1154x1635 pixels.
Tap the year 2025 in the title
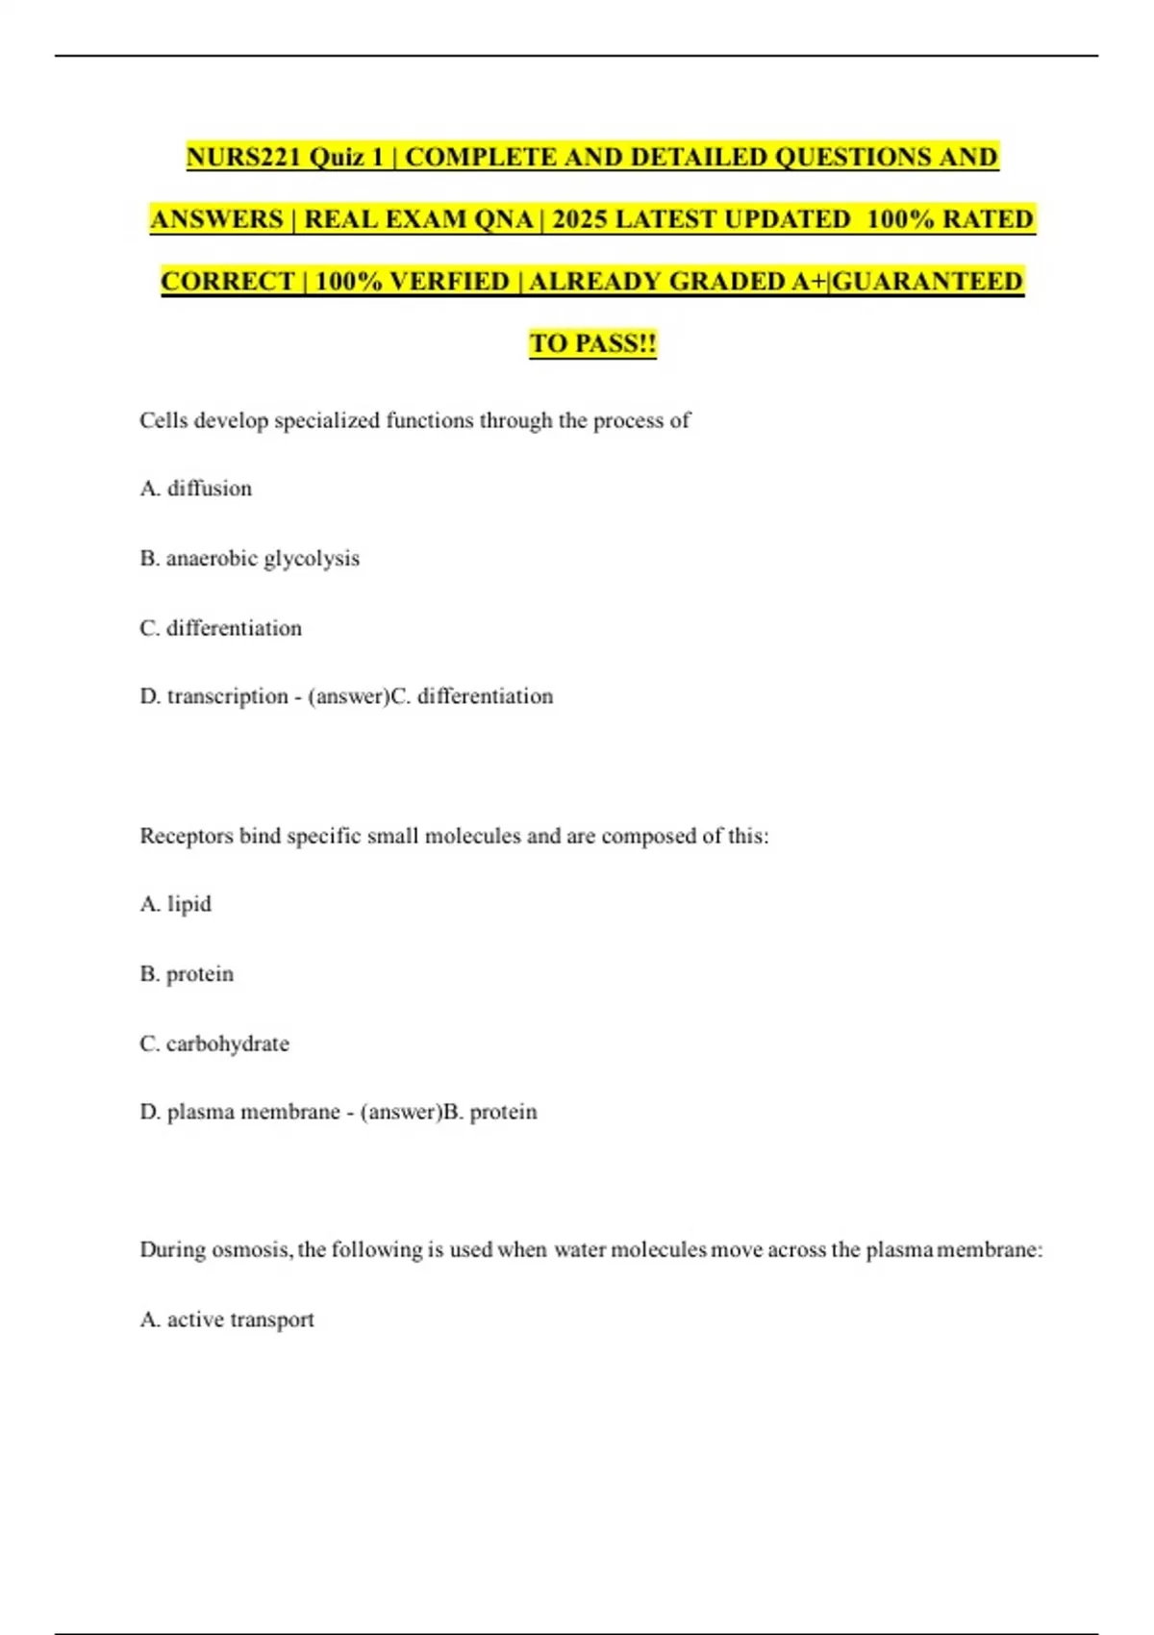coord(580,219)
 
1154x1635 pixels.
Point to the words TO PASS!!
coord(592,343)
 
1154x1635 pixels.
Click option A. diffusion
coord(196,489)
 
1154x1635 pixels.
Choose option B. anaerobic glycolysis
coord(250,559)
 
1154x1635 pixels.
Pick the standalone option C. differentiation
coord(221,628)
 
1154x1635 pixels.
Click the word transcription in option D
coord(227,696)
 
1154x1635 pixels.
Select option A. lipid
coord(176,904)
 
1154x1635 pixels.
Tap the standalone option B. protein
coord(188,974)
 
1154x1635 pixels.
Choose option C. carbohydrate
coord(214,1044)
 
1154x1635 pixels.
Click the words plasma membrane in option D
coord(254,1112)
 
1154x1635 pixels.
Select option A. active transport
coord(227,1320)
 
